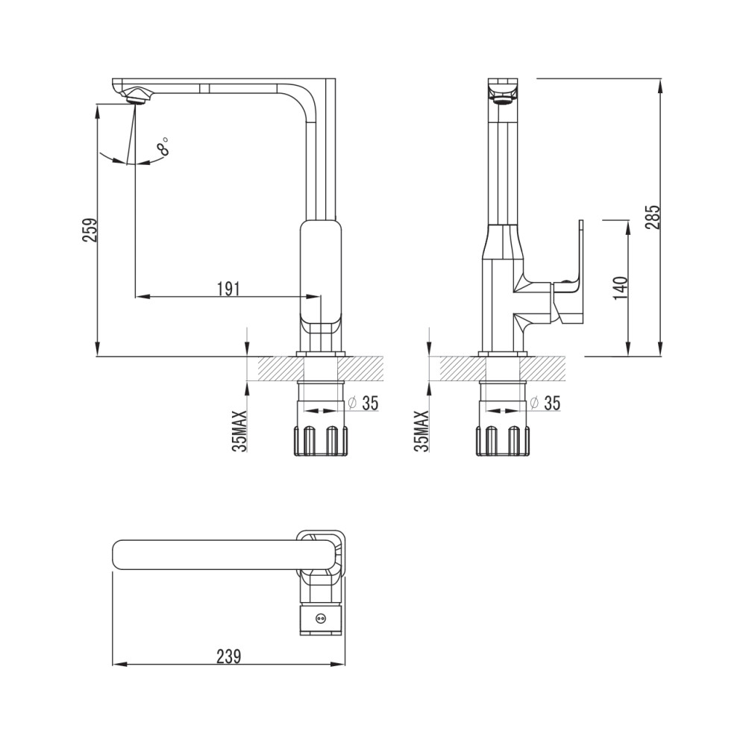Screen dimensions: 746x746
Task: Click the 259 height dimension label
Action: pyautogui.click(x=90, y=230)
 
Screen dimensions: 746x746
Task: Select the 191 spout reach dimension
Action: pyautogui.click(x=228, y=289)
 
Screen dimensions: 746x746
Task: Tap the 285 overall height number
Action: pyautogui.click(x=653, y=216)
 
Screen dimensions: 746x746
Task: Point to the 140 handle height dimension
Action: pyautogui.click(x=621, y=288)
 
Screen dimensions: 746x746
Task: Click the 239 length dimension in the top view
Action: pyautogui.click(x=229, y=656)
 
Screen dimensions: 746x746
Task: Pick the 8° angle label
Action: pyautogui.click(x=163, y=145)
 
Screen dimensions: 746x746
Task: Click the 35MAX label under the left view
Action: pyautogui.click(x=241, y=430)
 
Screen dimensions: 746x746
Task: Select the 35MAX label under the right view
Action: pyautogui.click(x=421, y=430)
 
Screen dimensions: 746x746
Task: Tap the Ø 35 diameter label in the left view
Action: pyautogui.click(x=363, y=403)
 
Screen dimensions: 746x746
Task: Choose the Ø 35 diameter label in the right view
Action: pyautogui.click(x=545, y=403)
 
